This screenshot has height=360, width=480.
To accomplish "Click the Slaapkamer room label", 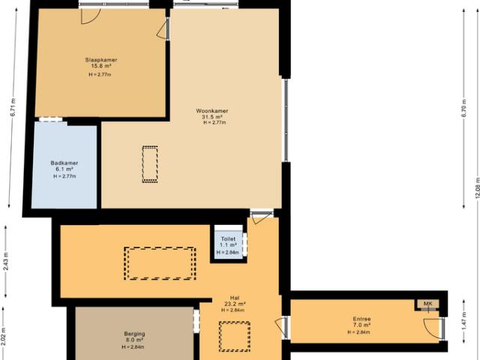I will (100, 60).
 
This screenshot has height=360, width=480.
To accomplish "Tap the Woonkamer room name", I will (214, 110).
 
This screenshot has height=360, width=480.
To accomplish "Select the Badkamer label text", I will (64, 163).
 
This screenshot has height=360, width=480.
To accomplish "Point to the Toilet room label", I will (228, 238).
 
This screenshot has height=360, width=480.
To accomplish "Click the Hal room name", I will (234, 296).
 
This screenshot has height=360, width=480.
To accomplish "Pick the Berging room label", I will (134, 334).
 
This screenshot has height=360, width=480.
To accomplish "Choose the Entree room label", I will (361, 319).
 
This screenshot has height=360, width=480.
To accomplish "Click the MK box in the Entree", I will (428, 304).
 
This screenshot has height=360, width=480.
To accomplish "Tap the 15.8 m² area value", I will (100, 66).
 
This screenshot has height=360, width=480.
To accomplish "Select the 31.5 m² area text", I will (214, 116).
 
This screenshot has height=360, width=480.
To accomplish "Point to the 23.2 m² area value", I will (234, 303).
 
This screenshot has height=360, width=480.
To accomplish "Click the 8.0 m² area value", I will (134, 340).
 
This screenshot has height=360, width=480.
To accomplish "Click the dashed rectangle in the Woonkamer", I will (151, 164).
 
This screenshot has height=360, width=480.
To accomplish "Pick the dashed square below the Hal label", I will (234, 335).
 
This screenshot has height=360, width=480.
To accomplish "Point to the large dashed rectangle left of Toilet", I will (160, 262).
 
